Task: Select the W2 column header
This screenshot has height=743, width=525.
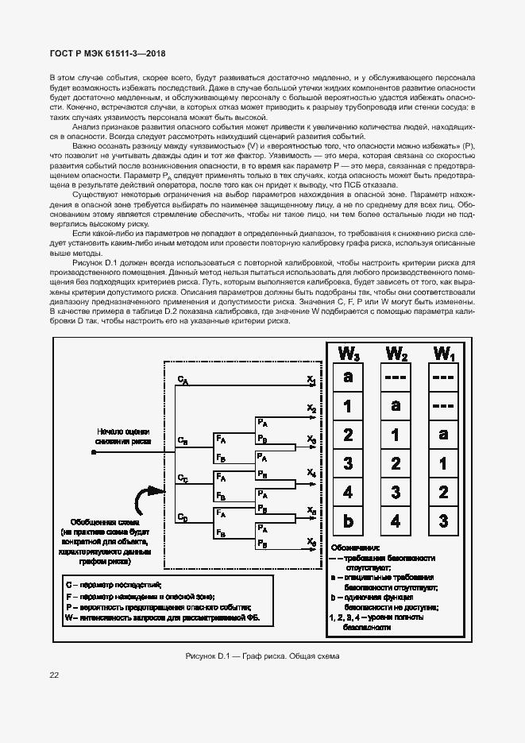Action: pyautogui.click(x=396, y=354)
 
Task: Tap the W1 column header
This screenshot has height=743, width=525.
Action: pyautogui.click(x=443, y=354)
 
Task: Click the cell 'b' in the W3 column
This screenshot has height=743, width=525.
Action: pyautogui.click(x=348, y=522)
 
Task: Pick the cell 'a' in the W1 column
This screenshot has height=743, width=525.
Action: pyautogui.click(x=443, y=435)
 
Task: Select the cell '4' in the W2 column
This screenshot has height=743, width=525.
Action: pyautogui.click(x=396, y=522)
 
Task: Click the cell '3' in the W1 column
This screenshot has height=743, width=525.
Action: pyautogui.click(x=443, y=522)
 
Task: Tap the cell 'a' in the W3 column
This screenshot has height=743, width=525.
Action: pyautogui.click(x=348, y=377)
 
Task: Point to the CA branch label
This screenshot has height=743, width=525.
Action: pyautogui.click(x=183, y=381)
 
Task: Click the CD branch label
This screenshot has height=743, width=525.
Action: pyautogui.click(x=183, y=519)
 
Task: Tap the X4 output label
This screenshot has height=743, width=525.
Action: pyautogui.click(x=311, y=473)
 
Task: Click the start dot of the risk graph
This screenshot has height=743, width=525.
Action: pyautogui.click(x=94, y=451)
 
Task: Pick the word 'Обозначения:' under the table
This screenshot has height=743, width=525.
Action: pyautogui.click(x=354, y=548)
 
